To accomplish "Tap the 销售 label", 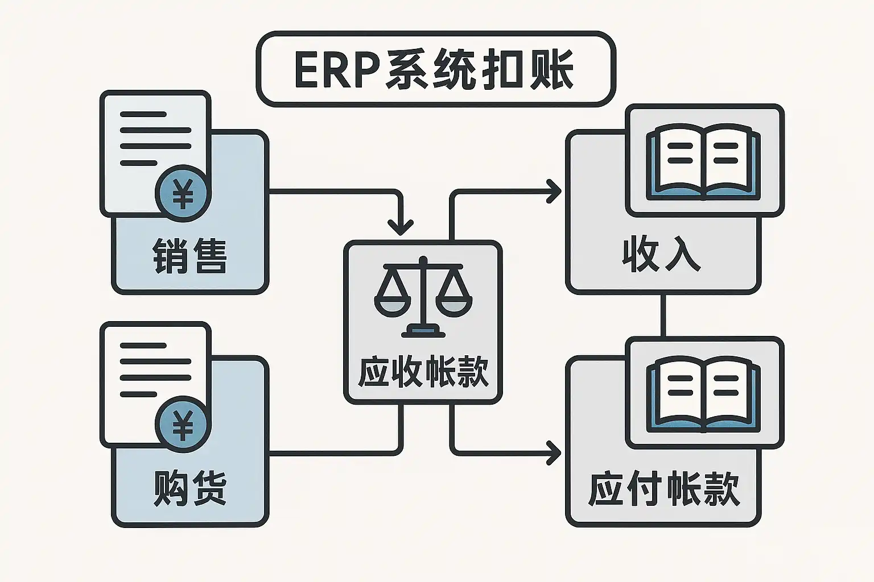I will tap(189, 256).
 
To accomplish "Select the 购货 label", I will tap(189, 488).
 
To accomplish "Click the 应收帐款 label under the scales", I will tap(423, 372).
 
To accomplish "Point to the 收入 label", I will tap(661, 254).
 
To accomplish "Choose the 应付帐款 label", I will tap(663, 488).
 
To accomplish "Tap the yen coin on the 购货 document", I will tap(183, 426).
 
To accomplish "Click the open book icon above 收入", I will tap(703, 163).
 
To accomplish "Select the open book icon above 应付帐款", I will tap(703, 394).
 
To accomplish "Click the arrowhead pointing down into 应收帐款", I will tap(401, 227).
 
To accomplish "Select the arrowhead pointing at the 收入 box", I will tap(554, 191).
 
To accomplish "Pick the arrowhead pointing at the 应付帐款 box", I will tap(554, 452).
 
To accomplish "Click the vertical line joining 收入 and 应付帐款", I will tap(663, 315).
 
